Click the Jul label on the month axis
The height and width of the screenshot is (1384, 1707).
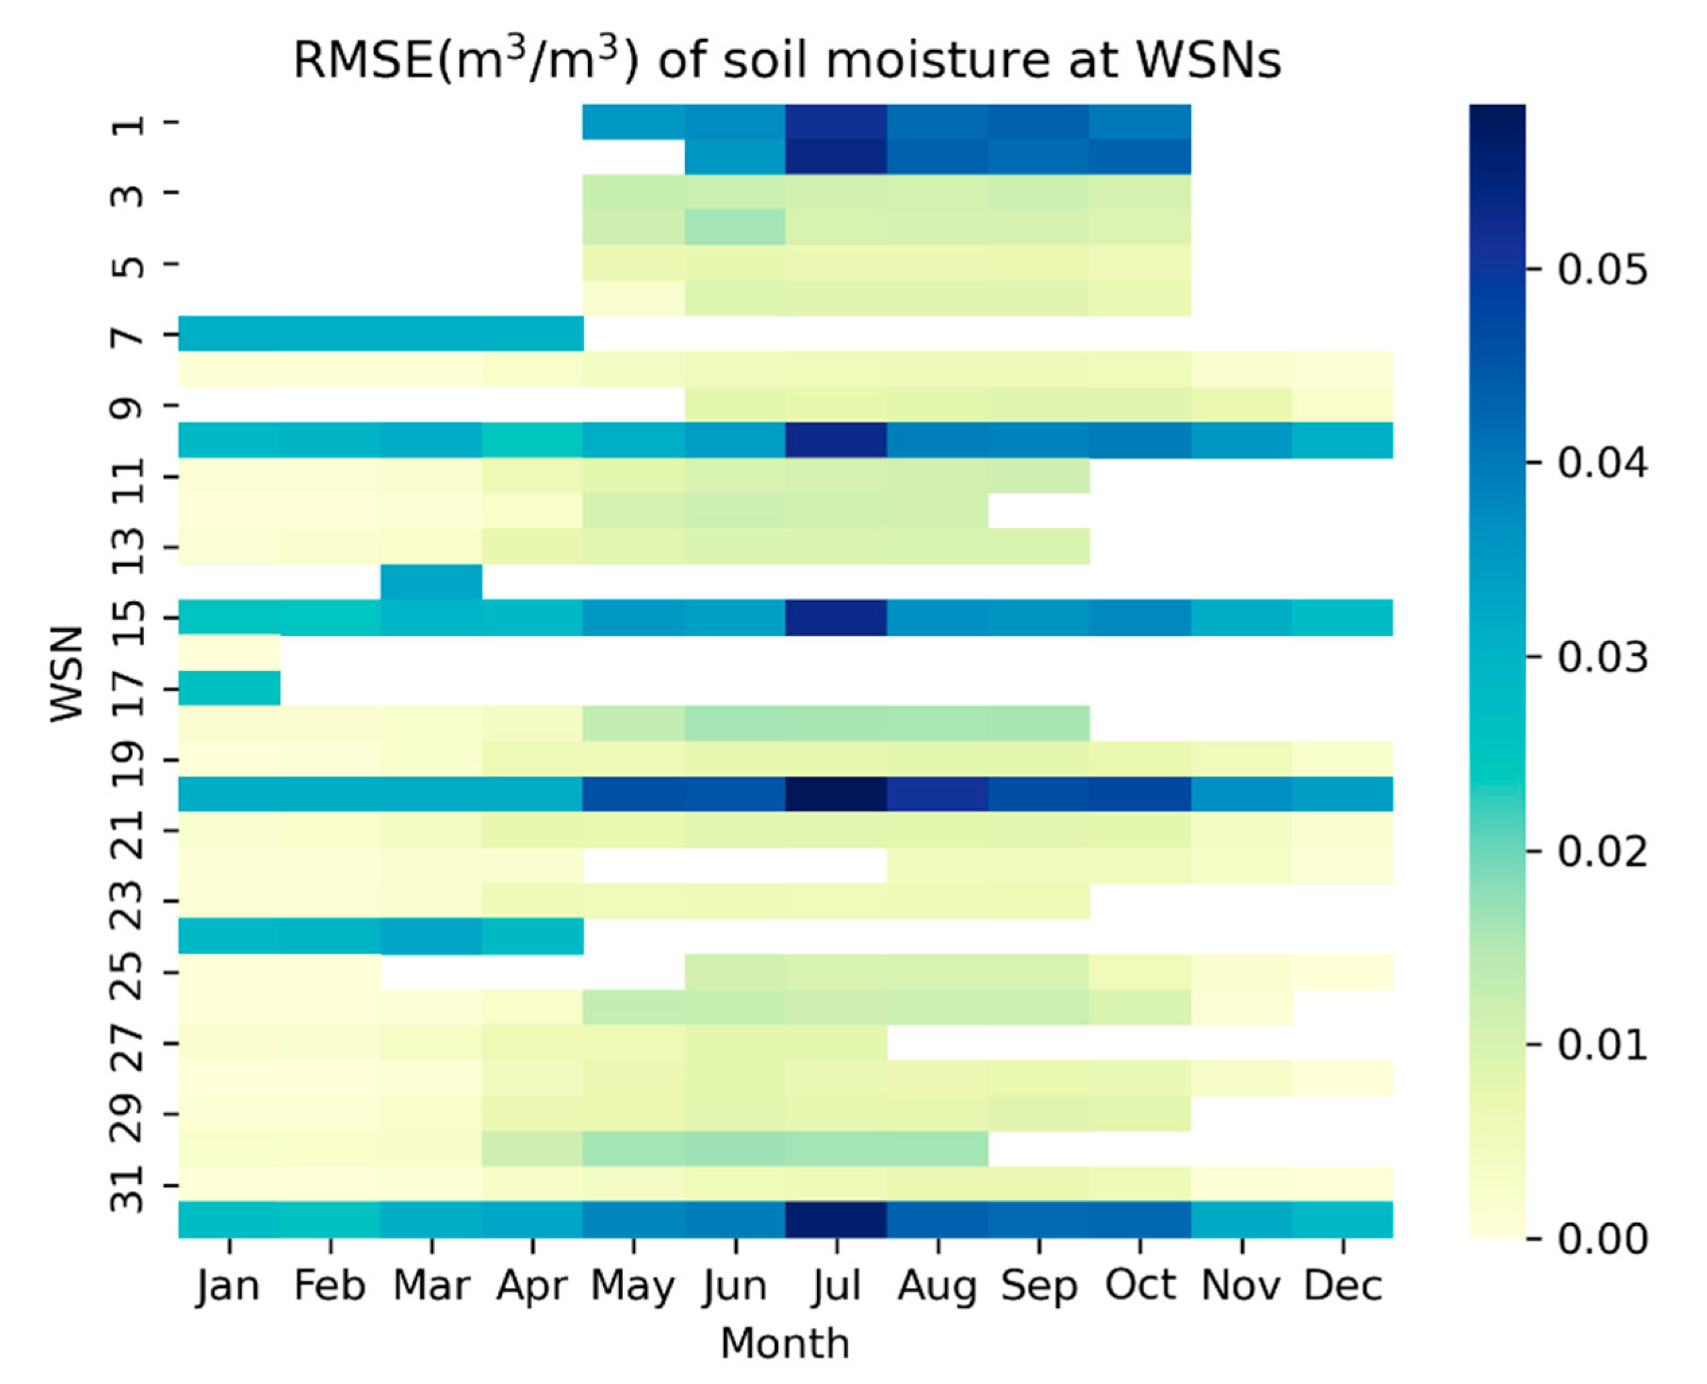coord(836,1286)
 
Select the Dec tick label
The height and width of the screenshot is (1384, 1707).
coord(1342,1286)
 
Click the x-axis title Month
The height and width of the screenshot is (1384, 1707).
coord(785,1344)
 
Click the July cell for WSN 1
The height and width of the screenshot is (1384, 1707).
coord(836,122)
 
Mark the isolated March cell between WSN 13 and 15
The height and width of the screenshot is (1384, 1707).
coord(431,582)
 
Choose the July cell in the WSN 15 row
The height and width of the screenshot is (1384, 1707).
coord(836,617)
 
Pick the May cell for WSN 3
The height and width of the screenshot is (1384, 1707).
coord(634,193)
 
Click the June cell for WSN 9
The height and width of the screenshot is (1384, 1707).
coord(735,405)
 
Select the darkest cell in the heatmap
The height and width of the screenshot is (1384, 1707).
coord(836,794)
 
